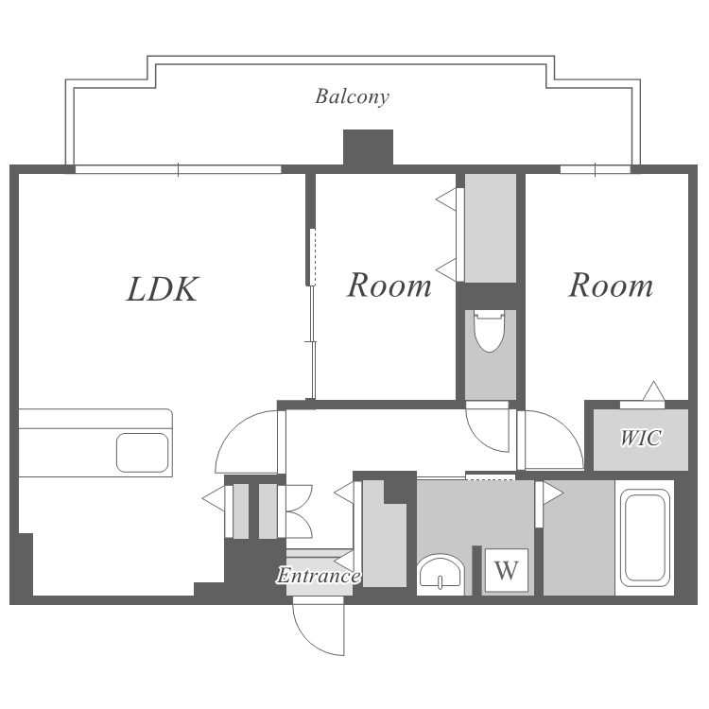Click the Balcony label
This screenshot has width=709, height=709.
pyautogui.click(x=352, y=97)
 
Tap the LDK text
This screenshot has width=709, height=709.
pyautogui.click(x=163, y=288)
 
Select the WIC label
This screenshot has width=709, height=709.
pyautogui.click(x=641, y=438)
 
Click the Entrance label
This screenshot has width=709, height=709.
pyautogui.click(x=319, y=575)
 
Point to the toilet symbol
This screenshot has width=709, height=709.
pyautogui.click(x=489, y=331)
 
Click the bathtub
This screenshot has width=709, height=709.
pyautogui.click(x=645, y=538)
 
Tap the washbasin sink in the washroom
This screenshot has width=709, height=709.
pyautogui.click(x=441, y=574)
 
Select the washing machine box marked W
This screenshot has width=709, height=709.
pyautogui.click(x=506, y=570)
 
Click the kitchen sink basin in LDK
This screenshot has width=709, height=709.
pyautogui.click(x=143, y=453)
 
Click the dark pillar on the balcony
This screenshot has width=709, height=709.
pyautogui.click(x=368, y=147)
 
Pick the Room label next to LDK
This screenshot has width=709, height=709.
pyautogui.click(x=389, y=285)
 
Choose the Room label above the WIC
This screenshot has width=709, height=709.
pyautogui.click(x=611, y=285)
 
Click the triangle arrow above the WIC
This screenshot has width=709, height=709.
pyautogui.click(x=653, y=391)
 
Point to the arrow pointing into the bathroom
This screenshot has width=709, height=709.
pyautogui.click(x=553, y=493)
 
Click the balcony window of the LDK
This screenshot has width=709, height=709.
pyautogui.click(x=178, y=169)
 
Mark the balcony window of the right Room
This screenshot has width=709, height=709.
pyautogui.click(x=595, y=169)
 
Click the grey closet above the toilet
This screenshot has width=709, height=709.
pyautogui.click(x=491, y=229)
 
